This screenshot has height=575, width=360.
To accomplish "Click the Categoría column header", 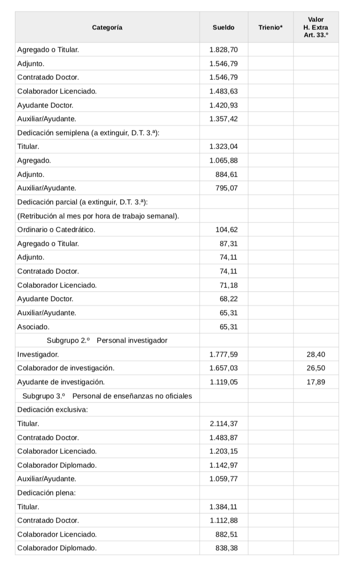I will pyautogui.click(x=107, y=28).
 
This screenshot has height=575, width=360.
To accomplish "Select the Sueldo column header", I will pyautogui.click(x=223, y=28).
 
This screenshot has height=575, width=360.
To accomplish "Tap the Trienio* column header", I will pyautogui.click(x=270, y=28).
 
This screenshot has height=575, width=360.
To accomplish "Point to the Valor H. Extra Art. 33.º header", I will pyautogui.click(x=316, y=28).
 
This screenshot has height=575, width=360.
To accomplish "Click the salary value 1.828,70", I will pyautogui.click(x=223, y=50).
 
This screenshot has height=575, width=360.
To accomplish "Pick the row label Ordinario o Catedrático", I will pyautogui.click(x=56, y=230).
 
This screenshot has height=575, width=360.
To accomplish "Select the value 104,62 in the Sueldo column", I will pyautogui.click(x=228, y=230).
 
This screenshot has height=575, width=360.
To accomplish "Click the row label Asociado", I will pyautogui.click(x=33, y=326).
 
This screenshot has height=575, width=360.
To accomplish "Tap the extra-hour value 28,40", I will pyautogui.click(x=316, y=354).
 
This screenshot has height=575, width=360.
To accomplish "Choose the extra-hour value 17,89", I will pyautogui.click(x=316, y=382).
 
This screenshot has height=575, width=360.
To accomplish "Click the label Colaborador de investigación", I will pyautogui.click(x=65, y=368).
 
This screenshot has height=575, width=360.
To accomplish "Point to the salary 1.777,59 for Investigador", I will pyautogui.click(x=223, y=354).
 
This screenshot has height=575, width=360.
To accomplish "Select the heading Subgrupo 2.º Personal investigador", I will pyautogui.click(x=107, y=340).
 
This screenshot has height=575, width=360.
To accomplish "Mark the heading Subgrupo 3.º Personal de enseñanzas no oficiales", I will pyautogui.click(x=107, y=396).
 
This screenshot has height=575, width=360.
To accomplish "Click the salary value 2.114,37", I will pyautogui.click(x=223, y=424).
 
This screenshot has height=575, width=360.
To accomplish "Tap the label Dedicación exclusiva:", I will pyautogui.click(x=53, y=410).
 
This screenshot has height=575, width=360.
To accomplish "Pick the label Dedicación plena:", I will pyautogui.click(x=46, y=493).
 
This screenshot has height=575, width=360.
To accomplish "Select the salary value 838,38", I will pyautogui.click(x=226, y=548).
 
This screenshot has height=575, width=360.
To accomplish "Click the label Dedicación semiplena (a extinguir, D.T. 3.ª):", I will pyautogui.click(x=88, y=133).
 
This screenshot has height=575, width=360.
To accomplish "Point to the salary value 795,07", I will pyautogui.click(x=226, y=188).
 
